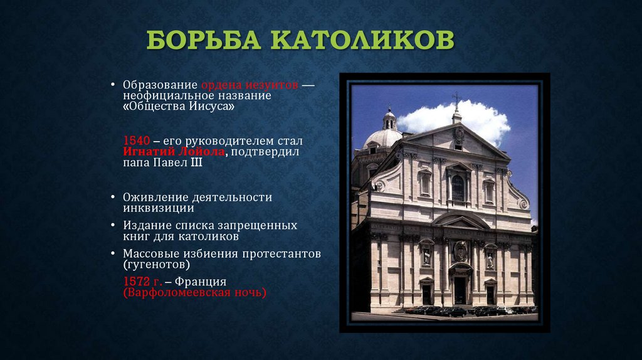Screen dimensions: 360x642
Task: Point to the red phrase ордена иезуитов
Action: pos(250,85)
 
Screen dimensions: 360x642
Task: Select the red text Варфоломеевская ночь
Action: pos(195,292)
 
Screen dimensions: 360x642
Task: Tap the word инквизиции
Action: pos(158,208)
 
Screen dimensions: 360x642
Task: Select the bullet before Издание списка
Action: pos(113,225)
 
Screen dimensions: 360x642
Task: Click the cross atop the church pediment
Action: pos(456,98)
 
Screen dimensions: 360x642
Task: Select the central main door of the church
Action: pos(460,290)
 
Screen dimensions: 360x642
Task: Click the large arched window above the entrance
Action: pos(458,188)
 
